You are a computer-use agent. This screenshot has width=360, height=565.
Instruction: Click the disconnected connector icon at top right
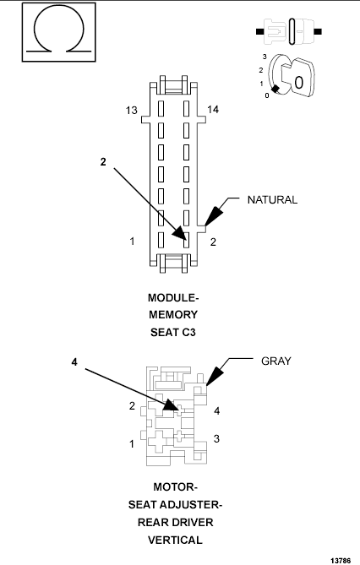coord(287,31)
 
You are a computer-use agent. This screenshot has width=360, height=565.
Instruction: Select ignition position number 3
coord(265,56)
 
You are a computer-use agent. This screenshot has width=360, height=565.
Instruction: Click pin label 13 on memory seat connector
coord(131,110)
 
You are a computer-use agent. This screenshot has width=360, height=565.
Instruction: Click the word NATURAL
coord(272,200)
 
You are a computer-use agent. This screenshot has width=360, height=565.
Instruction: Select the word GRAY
coord(275,361)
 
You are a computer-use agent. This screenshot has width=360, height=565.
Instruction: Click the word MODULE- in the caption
coord(173,298)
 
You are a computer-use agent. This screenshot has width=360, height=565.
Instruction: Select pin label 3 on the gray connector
coord(216,439)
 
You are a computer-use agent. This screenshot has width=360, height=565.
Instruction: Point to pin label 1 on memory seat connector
coord(133,242)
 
